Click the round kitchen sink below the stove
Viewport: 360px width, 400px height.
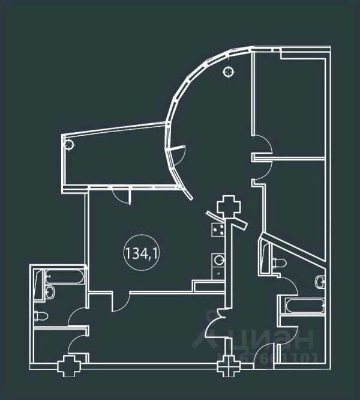click(219, 261)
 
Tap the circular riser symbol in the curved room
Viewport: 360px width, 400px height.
click(227, 73)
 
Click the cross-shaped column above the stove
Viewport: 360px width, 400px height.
click(228, 207)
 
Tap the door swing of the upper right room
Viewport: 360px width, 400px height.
click(262, 146)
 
